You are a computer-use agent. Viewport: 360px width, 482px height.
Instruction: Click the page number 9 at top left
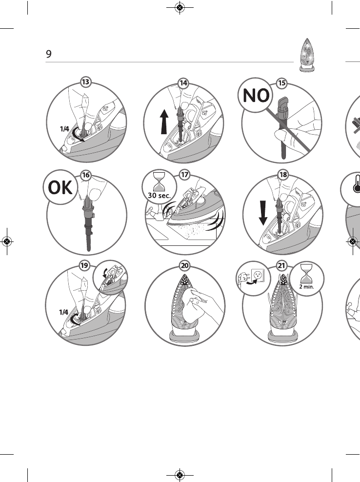tap(49, 54)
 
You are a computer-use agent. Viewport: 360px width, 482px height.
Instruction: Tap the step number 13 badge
tap(85, 82)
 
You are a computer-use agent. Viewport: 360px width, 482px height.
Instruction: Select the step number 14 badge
tap(183, 83)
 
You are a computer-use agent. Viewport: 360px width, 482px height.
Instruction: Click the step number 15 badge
tap(281, 83)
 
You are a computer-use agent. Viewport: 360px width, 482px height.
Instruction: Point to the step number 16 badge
tap(85, 174)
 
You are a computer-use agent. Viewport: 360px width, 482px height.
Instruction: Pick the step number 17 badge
tap(184, 174)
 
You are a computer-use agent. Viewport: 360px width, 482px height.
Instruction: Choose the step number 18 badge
tap(282, 174)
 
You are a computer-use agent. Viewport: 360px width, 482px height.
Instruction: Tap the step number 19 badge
tap(85, 265)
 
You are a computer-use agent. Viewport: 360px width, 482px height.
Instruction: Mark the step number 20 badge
tap(184, 265)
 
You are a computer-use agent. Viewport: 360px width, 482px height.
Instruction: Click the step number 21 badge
tap(282, 265)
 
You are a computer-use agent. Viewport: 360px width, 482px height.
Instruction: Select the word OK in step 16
tap(60, 188)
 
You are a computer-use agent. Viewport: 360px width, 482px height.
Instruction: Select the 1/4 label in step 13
tap(64, 130)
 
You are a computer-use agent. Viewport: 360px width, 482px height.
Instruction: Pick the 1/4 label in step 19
tap(64, 312)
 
